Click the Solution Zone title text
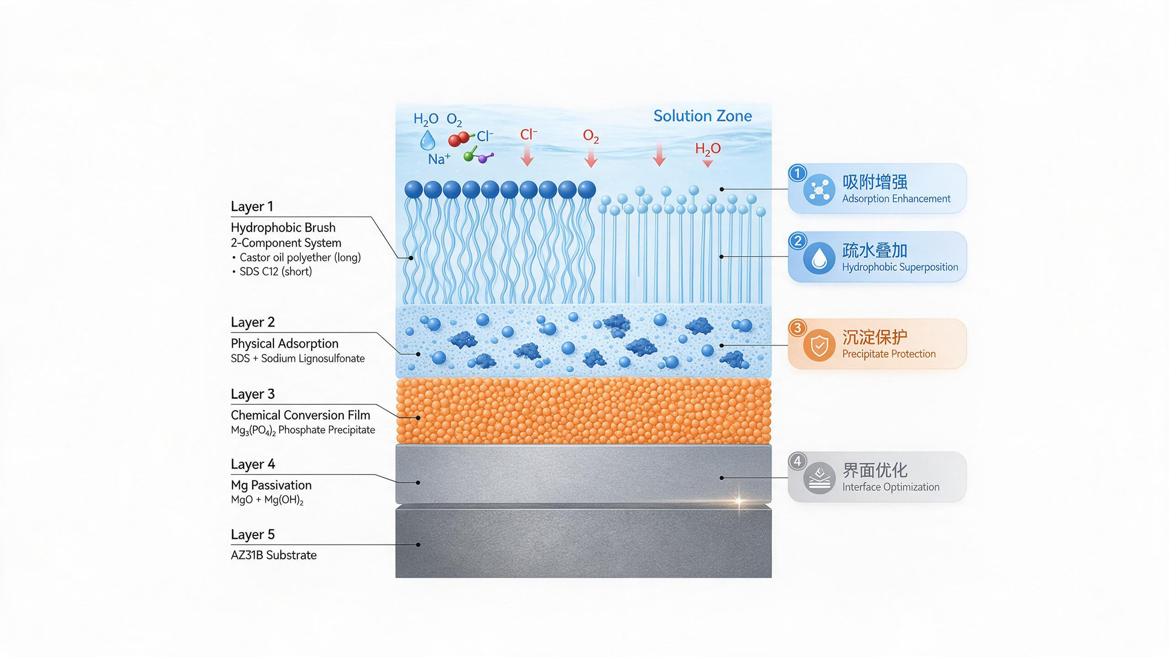[x=702, y=116]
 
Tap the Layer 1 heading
[x=252, y=206]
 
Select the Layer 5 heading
[x=253, y=534]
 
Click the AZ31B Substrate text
[x=274, y=555]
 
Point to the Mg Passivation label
[x=271, y=485]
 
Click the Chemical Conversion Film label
[x=300, y=415]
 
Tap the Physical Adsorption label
[x=284, y=344]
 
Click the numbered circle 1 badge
[x=798, y=173]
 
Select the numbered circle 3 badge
[x=798, y=328]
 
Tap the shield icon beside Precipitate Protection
[x=819, y=345]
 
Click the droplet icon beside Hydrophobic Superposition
[x=819, y=258]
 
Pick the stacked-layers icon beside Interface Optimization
[x=819, y=478]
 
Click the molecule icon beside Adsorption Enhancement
[x=819, y=190]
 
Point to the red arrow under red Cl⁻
[x=527, y=156]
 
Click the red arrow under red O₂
[x=591, y=157]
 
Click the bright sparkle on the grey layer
[x=738, y=501]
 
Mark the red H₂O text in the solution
[x=708, y=149]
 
